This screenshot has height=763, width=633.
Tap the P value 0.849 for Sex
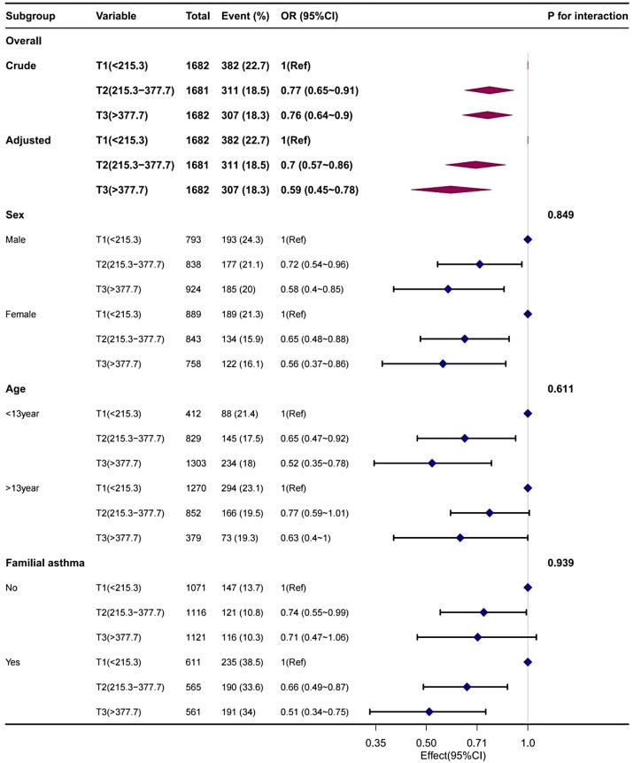tap(564, 214)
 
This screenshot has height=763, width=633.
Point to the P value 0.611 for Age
tap(564, 388)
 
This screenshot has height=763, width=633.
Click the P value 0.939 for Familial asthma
tap(564, 563)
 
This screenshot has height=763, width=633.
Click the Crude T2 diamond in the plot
tap(489, 90)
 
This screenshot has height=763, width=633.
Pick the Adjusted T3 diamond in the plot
tap(450, 190)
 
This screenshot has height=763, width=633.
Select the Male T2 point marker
tap(480, 264)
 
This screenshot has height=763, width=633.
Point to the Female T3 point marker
tap(443, 363)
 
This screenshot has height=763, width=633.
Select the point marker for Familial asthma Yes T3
tap(429, 712)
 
